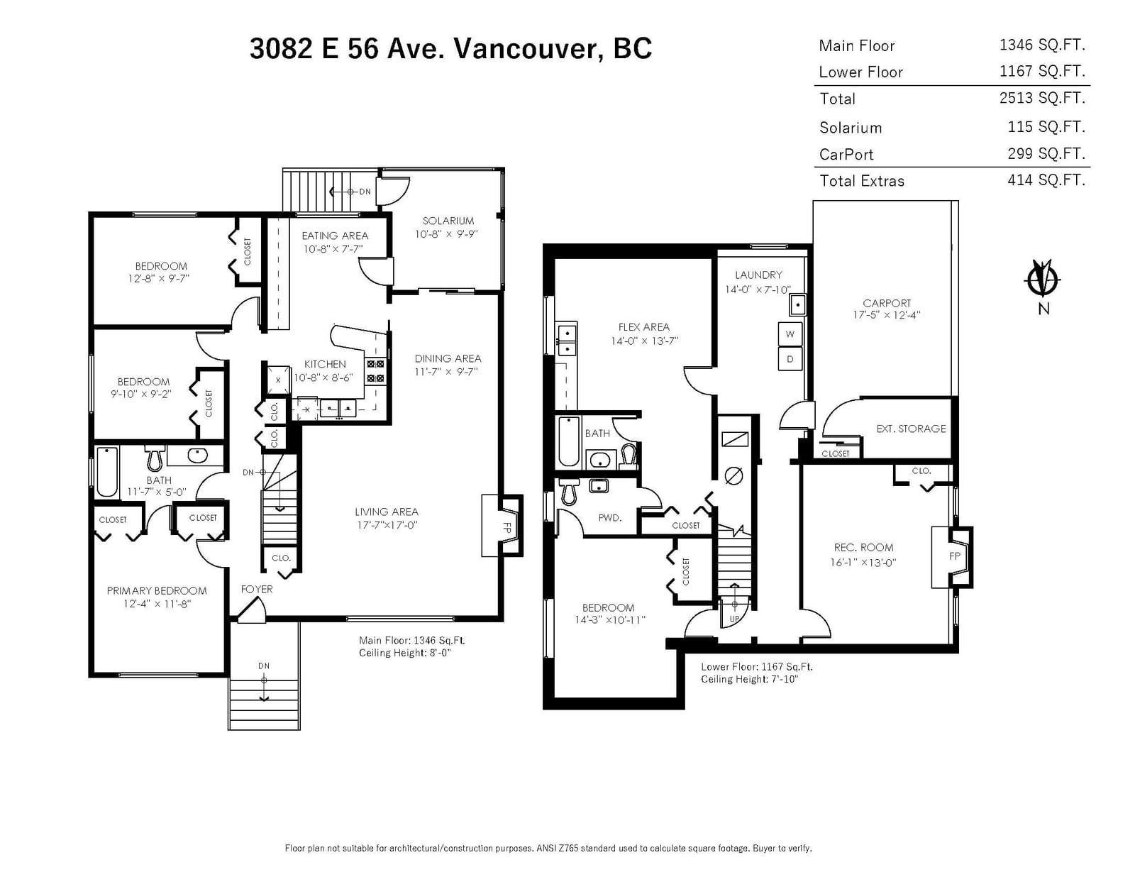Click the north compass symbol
[1041, 280]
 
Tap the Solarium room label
[448, 221]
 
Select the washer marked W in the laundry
[790, 334]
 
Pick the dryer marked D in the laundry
[790, 359]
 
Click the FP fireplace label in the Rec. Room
[954, 556]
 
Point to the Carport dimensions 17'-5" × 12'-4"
[887, 315]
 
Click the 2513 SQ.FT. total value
[1042, 98]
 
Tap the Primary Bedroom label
[157, 591]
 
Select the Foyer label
[257, 589]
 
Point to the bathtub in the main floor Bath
[107, 472]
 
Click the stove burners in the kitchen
[375, 371]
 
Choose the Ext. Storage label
[911, 429]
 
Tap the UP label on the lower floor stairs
[734, 619]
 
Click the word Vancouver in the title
[524, 48]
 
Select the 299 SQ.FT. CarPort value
[1046, 153]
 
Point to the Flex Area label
[643, 328]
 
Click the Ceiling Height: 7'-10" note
[750, 679]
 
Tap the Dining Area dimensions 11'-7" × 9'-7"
[447, 372]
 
